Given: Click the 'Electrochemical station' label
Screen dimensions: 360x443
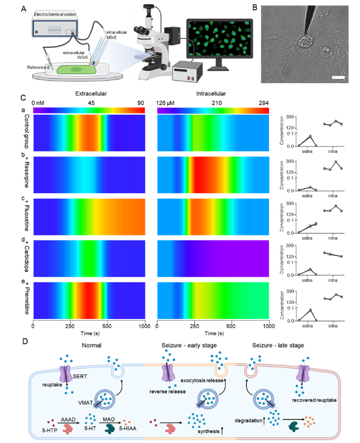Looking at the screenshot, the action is (x=55, y=14).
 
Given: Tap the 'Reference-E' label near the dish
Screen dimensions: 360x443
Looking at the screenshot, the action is (x=39, y=67).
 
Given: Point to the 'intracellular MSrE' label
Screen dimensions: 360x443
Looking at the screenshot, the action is (x=117, y=35).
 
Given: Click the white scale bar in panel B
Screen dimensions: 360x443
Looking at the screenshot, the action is (x=338, y=77).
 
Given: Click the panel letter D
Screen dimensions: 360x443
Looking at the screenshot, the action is (x=25, y=341).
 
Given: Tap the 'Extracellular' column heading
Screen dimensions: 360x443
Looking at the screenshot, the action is (x=91, y=93).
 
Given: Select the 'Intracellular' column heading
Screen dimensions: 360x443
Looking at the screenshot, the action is (x=211, y=93).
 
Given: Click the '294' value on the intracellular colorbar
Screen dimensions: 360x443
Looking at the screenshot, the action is (x=264, y=103).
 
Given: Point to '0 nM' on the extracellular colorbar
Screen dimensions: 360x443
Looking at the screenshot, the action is (x=38, y=103).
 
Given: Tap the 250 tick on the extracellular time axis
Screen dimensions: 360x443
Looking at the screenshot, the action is (x=70, y=326).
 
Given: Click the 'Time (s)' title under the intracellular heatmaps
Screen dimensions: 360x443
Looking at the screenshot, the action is (x=214, y=333).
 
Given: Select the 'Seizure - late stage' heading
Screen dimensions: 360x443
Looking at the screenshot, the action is (x=278, y=346).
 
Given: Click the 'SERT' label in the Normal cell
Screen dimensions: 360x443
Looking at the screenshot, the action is (x=80, y=376).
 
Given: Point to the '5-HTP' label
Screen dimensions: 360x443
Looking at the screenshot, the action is (x=50, y=430).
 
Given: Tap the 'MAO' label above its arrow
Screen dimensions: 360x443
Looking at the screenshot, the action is (x=109, y=419).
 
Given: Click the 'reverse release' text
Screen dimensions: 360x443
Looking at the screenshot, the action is (x=167, y=392).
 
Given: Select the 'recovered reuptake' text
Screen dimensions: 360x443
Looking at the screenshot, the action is (x=314, y=400).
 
